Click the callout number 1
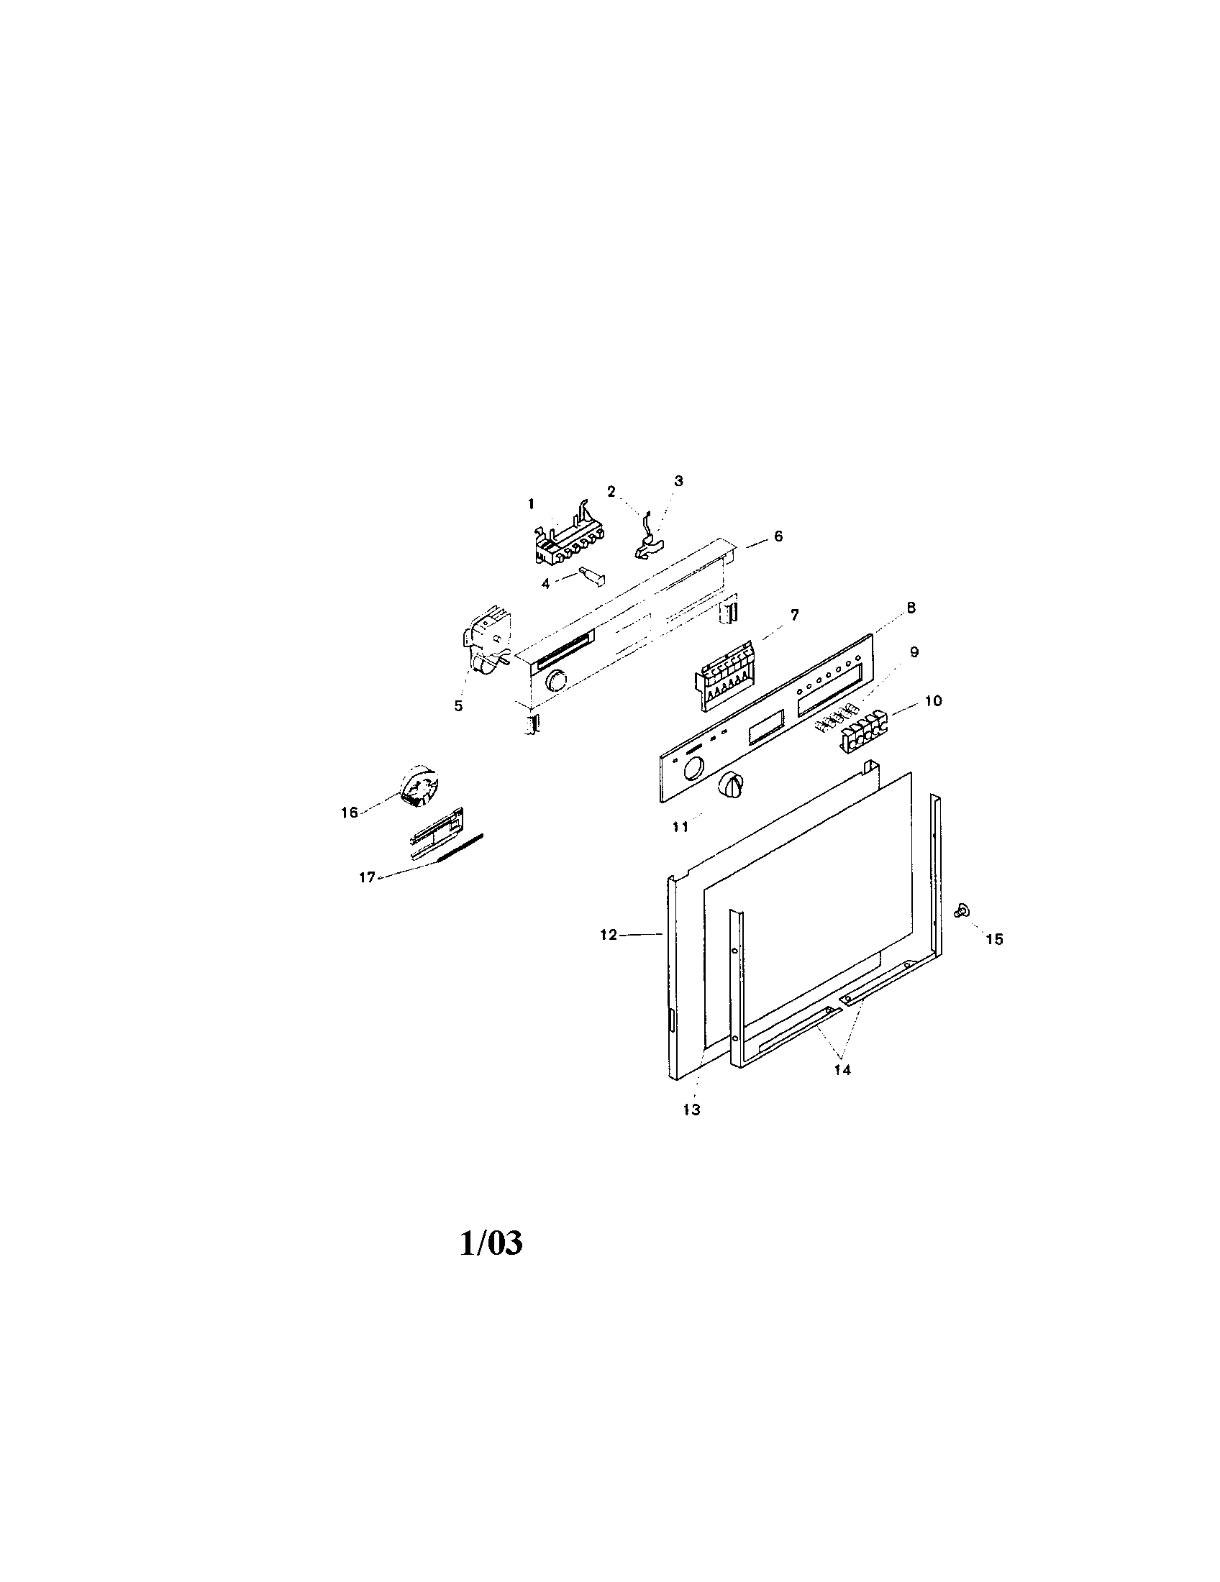point(531,503)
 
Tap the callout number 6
point(778,536)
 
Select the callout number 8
point(911,608)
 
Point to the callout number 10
point(933,700)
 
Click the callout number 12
point(609,935)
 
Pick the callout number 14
point(842,1089)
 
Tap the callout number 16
point(350,813)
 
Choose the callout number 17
point(368,877)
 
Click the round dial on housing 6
point(556,681)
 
